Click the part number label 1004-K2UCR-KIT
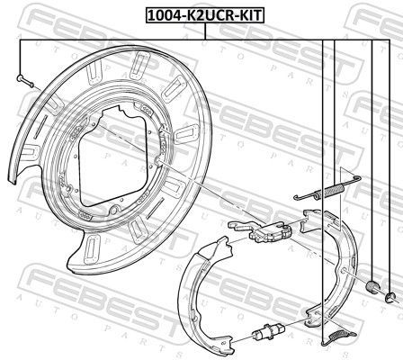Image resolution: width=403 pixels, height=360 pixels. [x=205, y=15]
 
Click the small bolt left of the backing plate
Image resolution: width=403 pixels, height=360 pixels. [x=25, y=81]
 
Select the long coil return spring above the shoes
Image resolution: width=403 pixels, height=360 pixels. [x=327, y=188]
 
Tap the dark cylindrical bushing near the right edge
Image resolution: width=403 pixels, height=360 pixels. [x=373, y=286]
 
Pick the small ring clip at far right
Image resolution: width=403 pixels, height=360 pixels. [x=390, y=297]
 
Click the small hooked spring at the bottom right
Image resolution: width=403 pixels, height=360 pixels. [x=339, y=337]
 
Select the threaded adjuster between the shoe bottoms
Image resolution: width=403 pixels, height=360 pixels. [x=268, y=330]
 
